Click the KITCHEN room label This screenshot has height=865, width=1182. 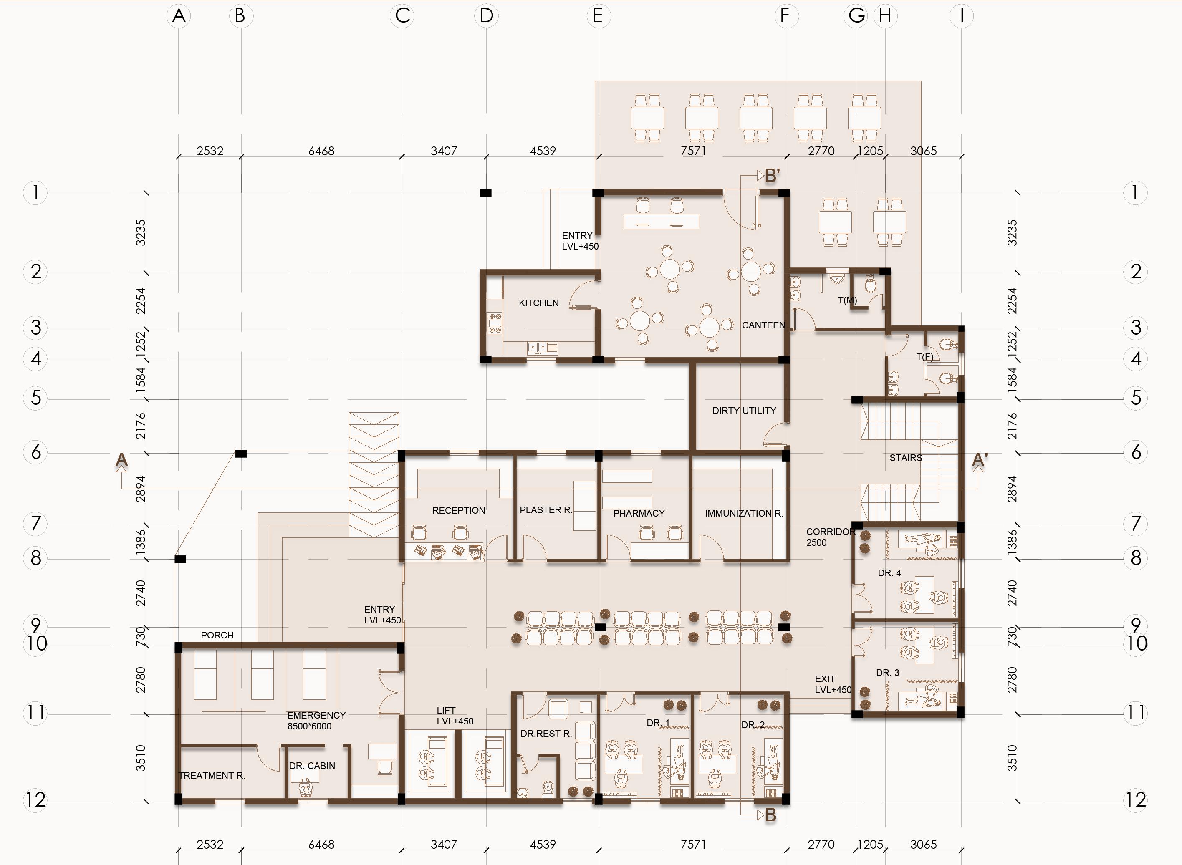point(538,303)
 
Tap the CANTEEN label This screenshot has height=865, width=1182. point(763,325)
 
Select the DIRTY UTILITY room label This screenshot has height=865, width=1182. point(744,411)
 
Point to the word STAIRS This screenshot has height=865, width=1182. point(905,458)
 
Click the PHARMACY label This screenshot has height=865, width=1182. point(639,514)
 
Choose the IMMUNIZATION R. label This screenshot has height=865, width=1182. point(744,514)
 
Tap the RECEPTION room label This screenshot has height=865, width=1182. point(459,510)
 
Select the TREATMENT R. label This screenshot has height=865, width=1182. point(212,775)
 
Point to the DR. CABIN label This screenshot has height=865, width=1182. point(312,766)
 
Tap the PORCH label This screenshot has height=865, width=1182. point(217,635)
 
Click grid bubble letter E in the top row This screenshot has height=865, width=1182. point(598,16)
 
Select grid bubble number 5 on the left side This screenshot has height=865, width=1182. point(35,398)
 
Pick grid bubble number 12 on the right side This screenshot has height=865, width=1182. point(1135,800)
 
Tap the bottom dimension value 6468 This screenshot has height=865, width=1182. point(321,845)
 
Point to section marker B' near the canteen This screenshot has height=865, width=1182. point(773,176)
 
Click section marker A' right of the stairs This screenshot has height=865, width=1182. point(980,460)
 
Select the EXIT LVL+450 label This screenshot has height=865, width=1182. point(833,684)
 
